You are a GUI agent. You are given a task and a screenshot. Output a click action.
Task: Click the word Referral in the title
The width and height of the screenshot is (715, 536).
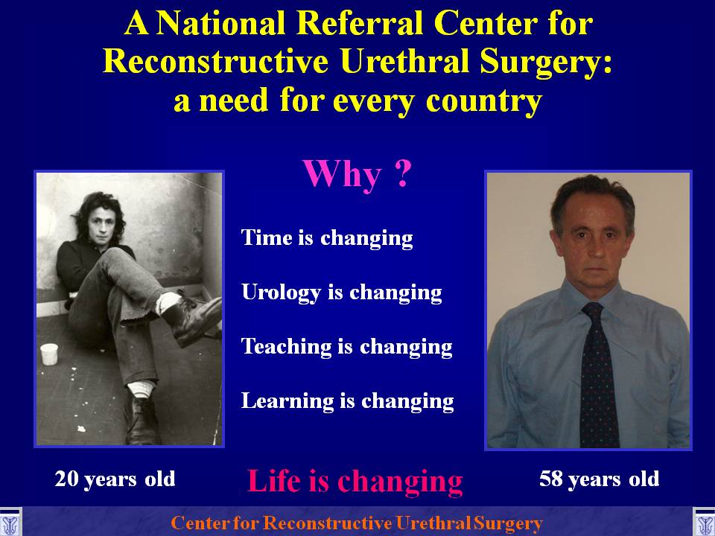360,23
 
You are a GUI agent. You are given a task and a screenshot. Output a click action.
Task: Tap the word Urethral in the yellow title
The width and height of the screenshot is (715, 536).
405,61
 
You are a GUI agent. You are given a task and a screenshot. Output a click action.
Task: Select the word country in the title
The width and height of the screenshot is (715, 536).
484,101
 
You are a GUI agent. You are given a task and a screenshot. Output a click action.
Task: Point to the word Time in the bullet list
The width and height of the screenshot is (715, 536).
267,237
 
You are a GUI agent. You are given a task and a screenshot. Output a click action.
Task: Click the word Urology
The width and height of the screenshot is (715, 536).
281,293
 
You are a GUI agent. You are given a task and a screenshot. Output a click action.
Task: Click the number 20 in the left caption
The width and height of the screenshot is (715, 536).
66,479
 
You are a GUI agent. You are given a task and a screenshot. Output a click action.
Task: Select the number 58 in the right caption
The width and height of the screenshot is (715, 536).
550,479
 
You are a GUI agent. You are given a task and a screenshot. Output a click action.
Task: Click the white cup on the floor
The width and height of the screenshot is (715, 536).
49,354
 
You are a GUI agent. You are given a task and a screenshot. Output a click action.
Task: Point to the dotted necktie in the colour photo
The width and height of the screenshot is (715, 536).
598,374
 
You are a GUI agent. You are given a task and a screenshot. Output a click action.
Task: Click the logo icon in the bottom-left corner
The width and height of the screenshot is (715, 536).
10,523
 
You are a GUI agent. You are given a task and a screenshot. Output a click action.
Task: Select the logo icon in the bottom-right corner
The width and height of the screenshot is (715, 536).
704,523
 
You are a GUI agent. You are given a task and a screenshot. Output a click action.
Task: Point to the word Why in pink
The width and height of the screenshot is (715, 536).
342,174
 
